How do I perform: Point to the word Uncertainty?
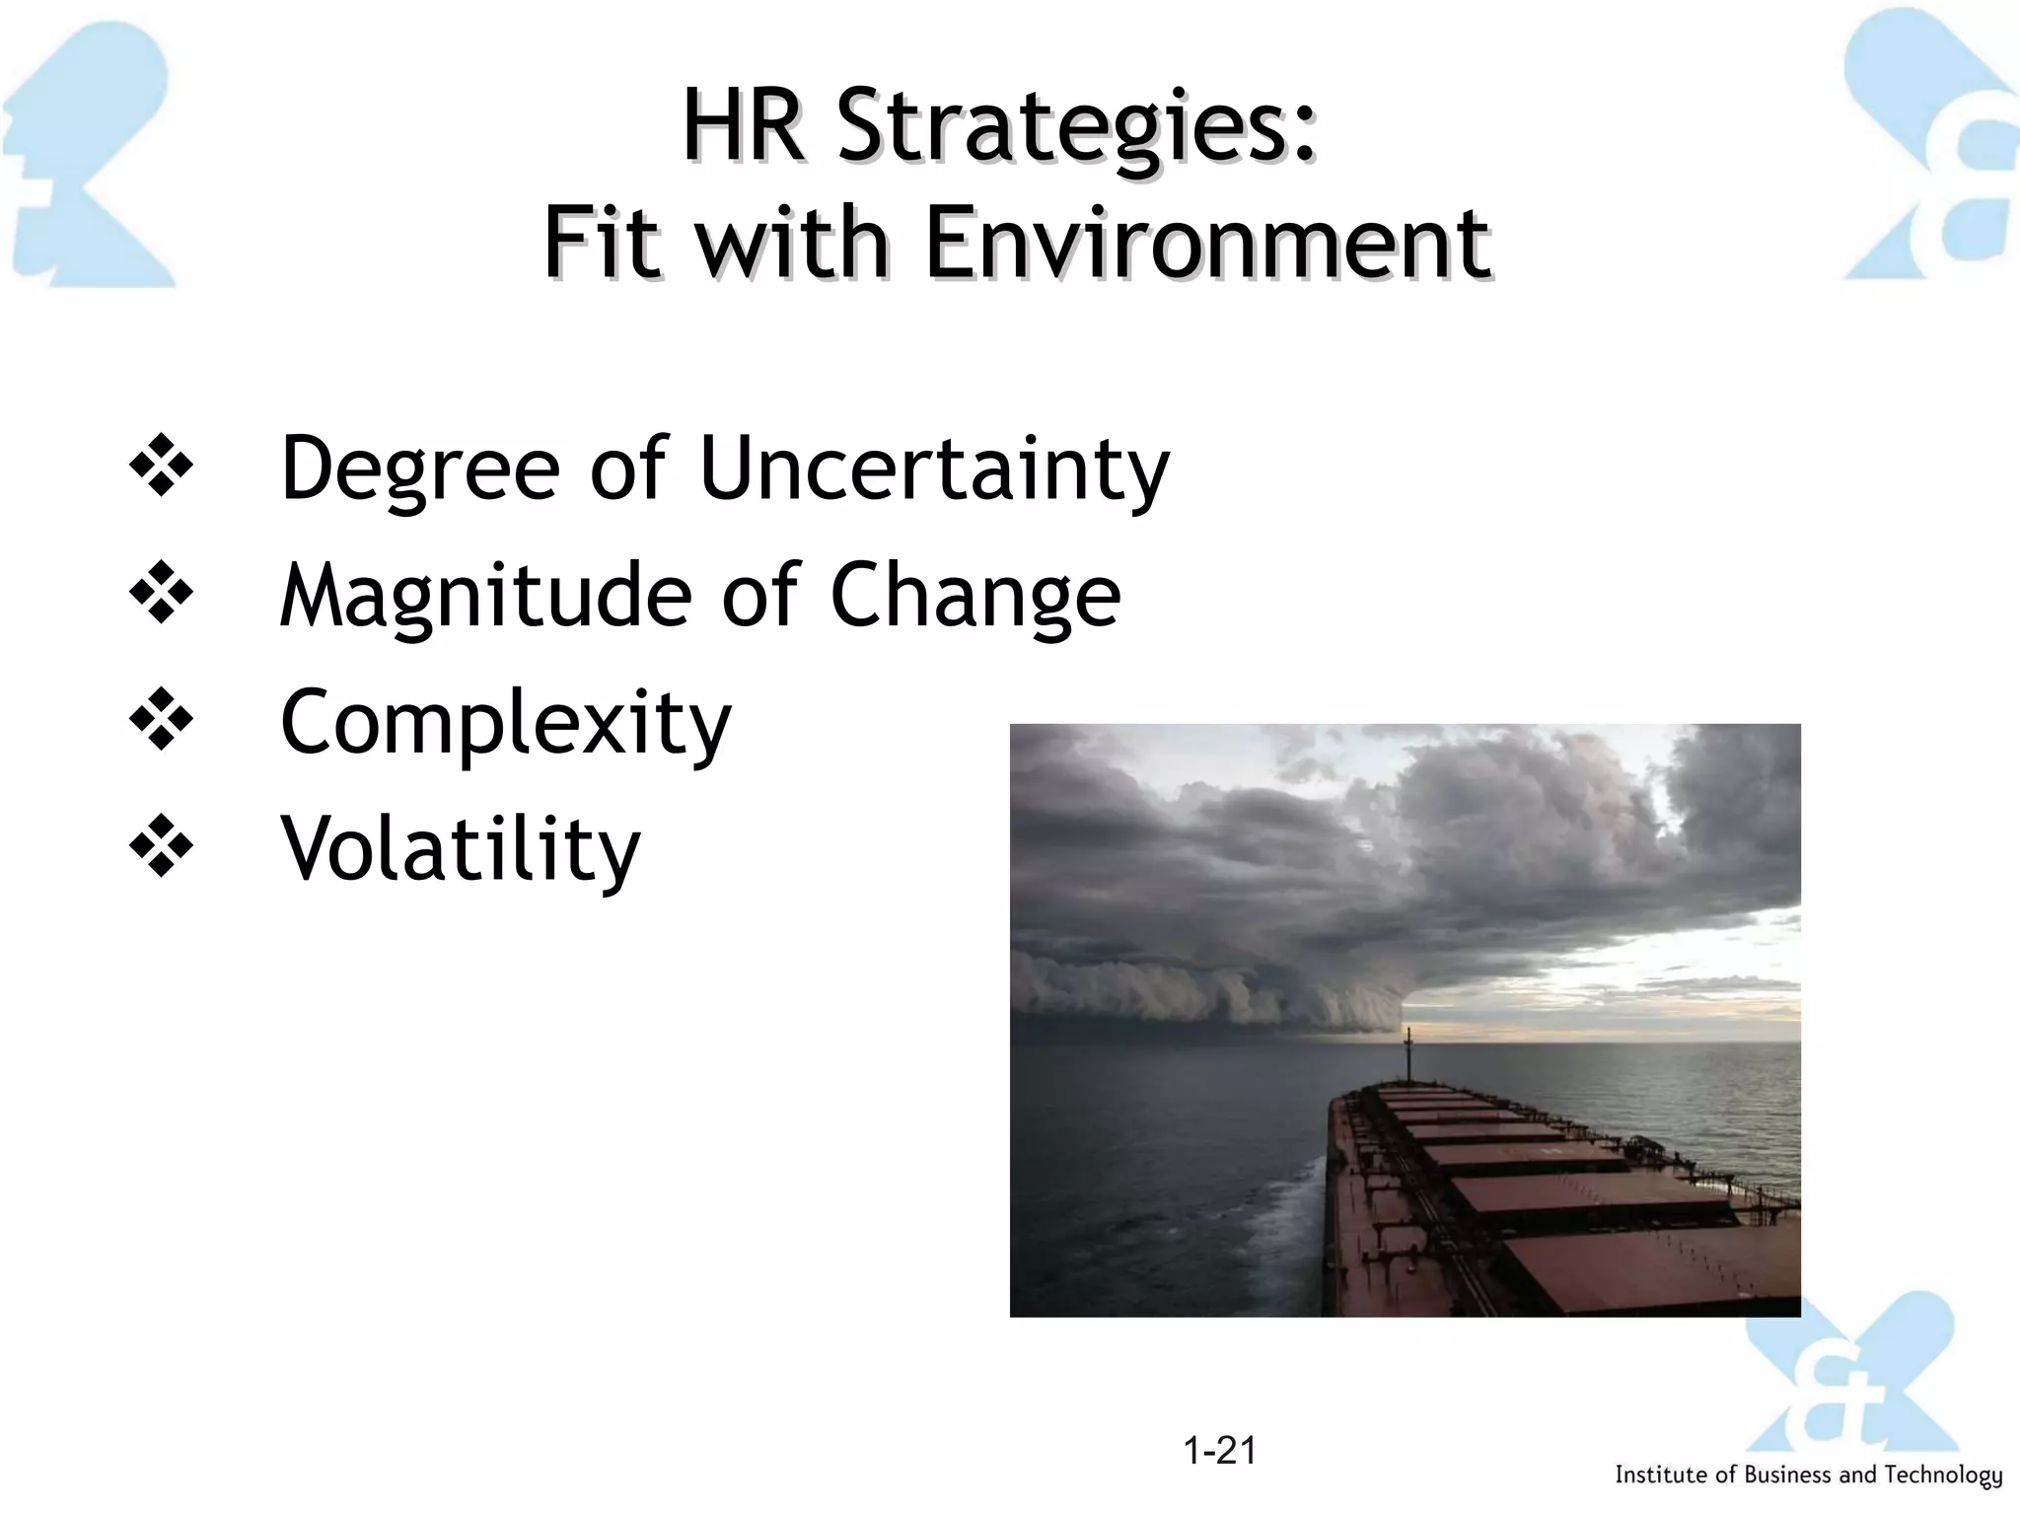click(933, 468)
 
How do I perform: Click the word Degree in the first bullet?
click(420, 468)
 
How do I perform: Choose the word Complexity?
click(506, 722)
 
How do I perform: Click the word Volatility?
click(461, 848)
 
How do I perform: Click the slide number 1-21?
click(1219, 1450)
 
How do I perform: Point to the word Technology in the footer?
click(1943, 1476)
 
